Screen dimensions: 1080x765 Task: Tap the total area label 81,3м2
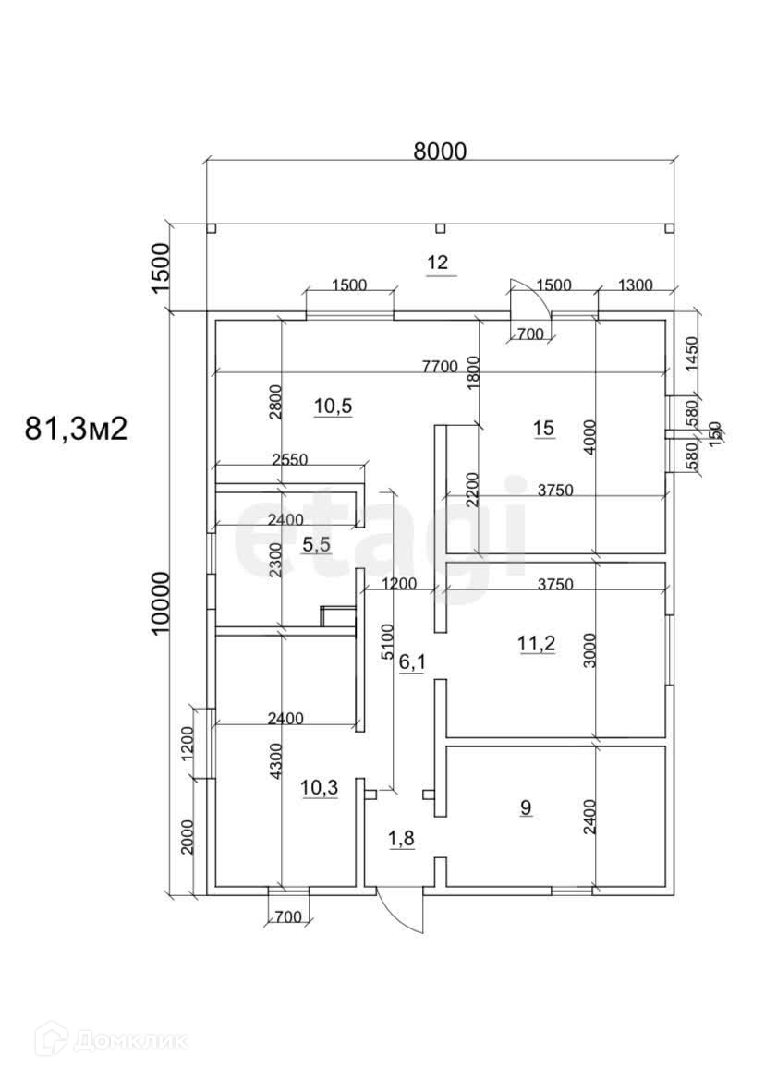point(76,429)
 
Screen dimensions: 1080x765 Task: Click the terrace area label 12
point(437,263)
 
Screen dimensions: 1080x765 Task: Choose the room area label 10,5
point(334,405)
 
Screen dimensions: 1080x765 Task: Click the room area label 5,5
point(317,544)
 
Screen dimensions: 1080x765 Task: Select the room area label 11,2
point(536,644)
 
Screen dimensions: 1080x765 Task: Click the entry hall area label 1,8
point(400,839)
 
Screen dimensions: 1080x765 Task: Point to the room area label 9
point(526,807)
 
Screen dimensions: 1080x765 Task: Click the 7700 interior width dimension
point(440,366)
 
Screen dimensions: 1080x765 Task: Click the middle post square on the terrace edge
point(440,227)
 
